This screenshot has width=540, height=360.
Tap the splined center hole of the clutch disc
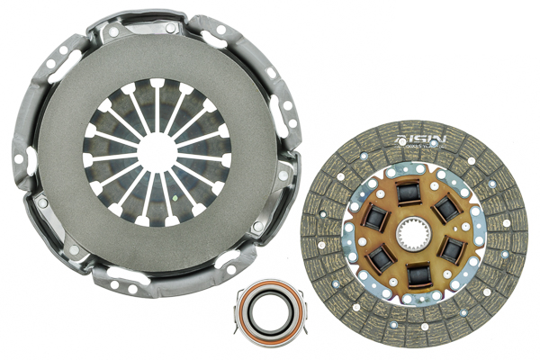coord(415,237)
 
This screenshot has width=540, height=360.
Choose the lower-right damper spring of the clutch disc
coord(453,250)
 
